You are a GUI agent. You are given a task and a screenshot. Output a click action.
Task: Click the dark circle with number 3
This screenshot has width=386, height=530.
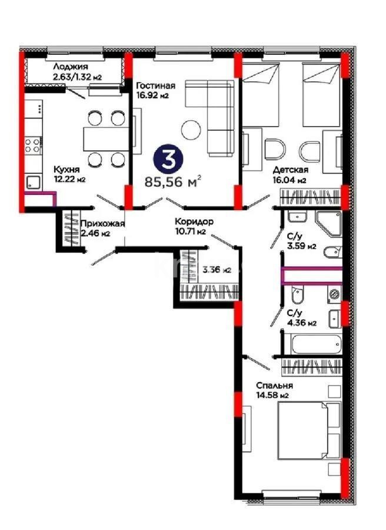coord(168,158)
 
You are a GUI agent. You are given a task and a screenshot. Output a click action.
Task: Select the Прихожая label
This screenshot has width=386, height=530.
coord(102,224)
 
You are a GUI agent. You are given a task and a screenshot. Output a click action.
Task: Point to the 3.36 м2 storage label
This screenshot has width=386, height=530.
coord(216,270)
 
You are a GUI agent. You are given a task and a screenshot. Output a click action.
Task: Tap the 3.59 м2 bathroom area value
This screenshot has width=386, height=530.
coord(301,246)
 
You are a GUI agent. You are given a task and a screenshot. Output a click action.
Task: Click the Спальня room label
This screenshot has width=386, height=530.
coord(274,386)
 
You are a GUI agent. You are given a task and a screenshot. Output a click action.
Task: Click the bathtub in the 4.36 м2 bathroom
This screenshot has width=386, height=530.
coord(312,344)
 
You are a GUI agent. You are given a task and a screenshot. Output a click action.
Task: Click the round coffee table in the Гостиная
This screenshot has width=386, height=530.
coord(191,130)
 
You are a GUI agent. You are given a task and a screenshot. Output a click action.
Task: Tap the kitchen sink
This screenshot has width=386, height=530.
coord(33,183)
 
